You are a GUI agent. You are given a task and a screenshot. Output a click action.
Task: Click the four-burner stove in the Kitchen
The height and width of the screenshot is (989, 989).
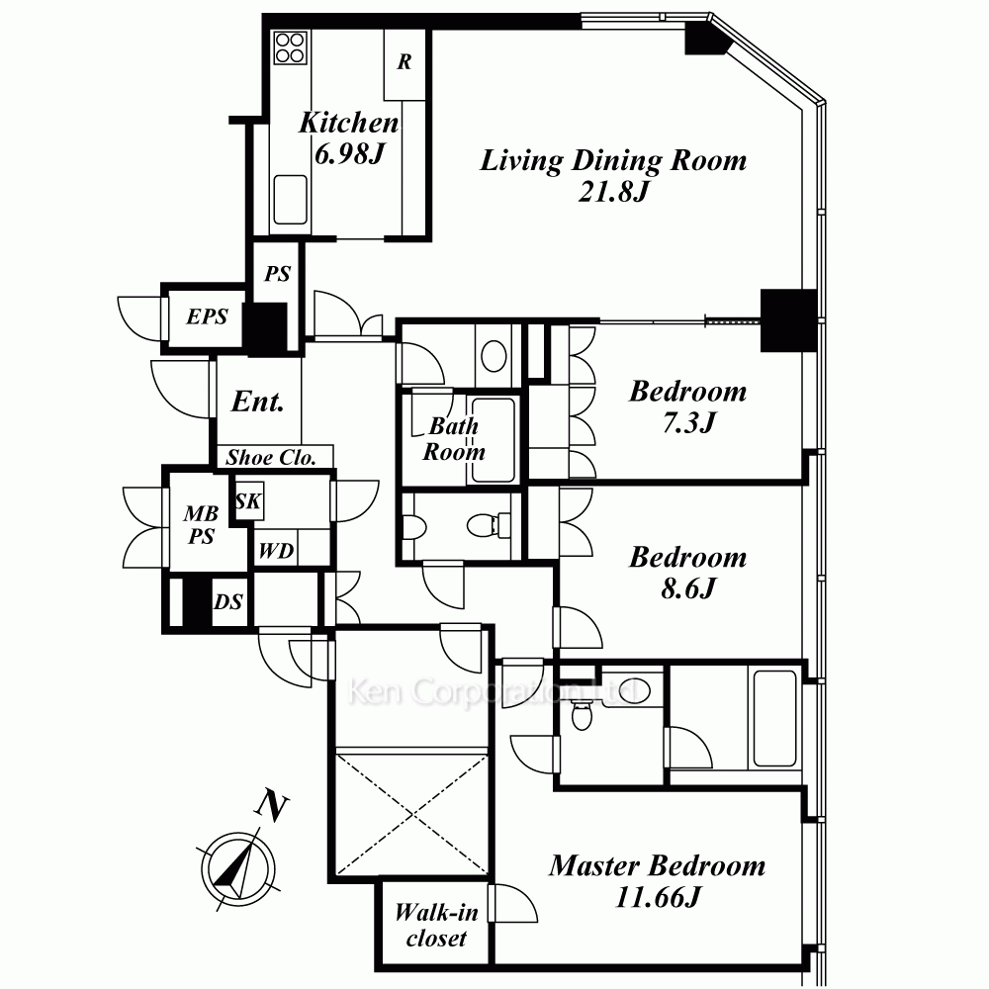pyautogui.click(x=290, y=47)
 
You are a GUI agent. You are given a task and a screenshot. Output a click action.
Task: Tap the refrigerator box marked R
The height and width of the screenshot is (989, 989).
pyautogui.click(x=405, y=64)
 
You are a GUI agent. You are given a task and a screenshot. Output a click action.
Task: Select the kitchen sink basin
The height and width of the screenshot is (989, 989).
pyautogui.click(x=290, y=200)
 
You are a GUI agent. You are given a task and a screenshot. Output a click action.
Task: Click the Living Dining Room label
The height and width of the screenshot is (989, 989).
pyautogui.click(x=613, y=161)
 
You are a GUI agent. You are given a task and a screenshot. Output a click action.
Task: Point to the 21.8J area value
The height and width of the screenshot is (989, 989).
pyautogui.click(x=613, y=191)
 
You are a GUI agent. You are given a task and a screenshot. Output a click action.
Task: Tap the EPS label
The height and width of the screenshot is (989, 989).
pyautogui.click(x=207, y=316)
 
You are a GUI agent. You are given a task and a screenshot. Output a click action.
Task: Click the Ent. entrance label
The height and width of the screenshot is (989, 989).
pyautogui.click(x=257, y=402)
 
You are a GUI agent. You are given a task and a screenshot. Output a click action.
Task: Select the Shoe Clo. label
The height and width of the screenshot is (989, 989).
pyautogui.click(x=271, y=457)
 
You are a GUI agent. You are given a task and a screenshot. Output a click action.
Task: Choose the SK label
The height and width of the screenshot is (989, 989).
pyautogui.click(x=248, y=500)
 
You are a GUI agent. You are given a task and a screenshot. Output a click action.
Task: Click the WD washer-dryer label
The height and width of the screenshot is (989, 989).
pyautogui.click(x=276, y=551)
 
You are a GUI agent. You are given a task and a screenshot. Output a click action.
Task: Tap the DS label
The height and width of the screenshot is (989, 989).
pyautogui.click(x=227, y=601)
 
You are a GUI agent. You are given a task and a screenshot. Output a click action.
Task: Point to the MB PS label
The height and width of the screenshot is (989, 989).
pyautogui.click(x=201, y=525)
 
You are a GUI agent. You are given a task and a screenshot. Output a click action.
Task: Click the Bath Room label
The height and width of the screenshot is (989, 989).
pyautogui.click(x=454, y=439)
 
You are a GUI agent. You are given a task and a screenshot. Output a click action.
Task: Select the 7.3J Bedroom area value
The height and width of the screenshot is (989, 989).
pyautogui.click(x=688, y=422)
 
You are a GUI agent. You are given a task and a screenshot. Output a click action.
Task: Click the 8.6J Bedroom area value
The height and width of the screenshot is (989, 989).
pyautogui.click(x=688, y=587)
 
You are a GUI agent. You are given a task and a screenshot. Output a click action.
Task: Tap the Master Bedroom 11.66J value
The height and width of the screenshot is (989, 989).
pyautogui.click(x=658, y=896)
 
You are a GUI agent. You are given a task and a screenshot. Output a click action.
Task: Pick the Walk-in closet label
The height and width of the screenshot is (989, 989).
pyautogui.click(x=436, y=926)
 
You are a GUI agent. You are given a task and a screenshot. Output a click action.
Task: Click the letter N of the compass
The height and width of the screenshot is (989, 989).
pyautogui.click(x=271, y=806)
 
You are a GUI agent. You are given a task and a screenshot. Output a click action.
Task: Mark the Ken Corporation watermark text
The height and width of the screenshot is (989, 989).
pyautogui.click(x=491, y=691)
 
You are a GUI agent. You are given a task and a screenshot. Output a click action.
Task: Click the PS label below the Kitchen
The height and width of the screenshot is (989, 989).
pyautogui.click(x=277, y=274)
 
